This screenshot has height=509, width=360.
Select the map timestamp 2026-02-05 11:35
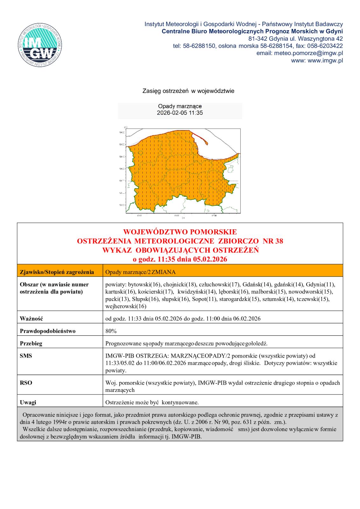(x=180, y=113)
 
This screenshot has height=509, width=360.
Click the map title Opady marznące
(x=180, y=106)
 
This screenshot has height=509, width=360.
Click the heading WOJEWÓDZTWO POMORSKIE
(x=180, y=232)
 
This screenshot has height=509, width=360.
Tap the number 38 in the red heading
(x=277, y=241)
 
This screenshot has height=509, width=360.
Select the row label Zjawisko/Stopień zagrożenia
(x=57, y=272)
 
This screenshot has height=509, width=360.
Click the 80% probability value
(x=111, y=331)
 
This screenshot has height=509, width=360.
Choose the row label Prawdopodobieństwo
(x=48, y=331)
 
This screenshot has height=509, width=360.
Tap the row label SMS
(x=26, y=356)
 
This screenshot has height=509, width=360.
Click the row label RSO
(x=26, y=383)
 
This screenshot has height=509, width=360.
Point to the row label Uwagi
(x=28, y=402)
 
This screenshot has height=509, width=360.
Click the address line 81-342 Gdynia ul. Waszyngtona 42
(x=295, y=38)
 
